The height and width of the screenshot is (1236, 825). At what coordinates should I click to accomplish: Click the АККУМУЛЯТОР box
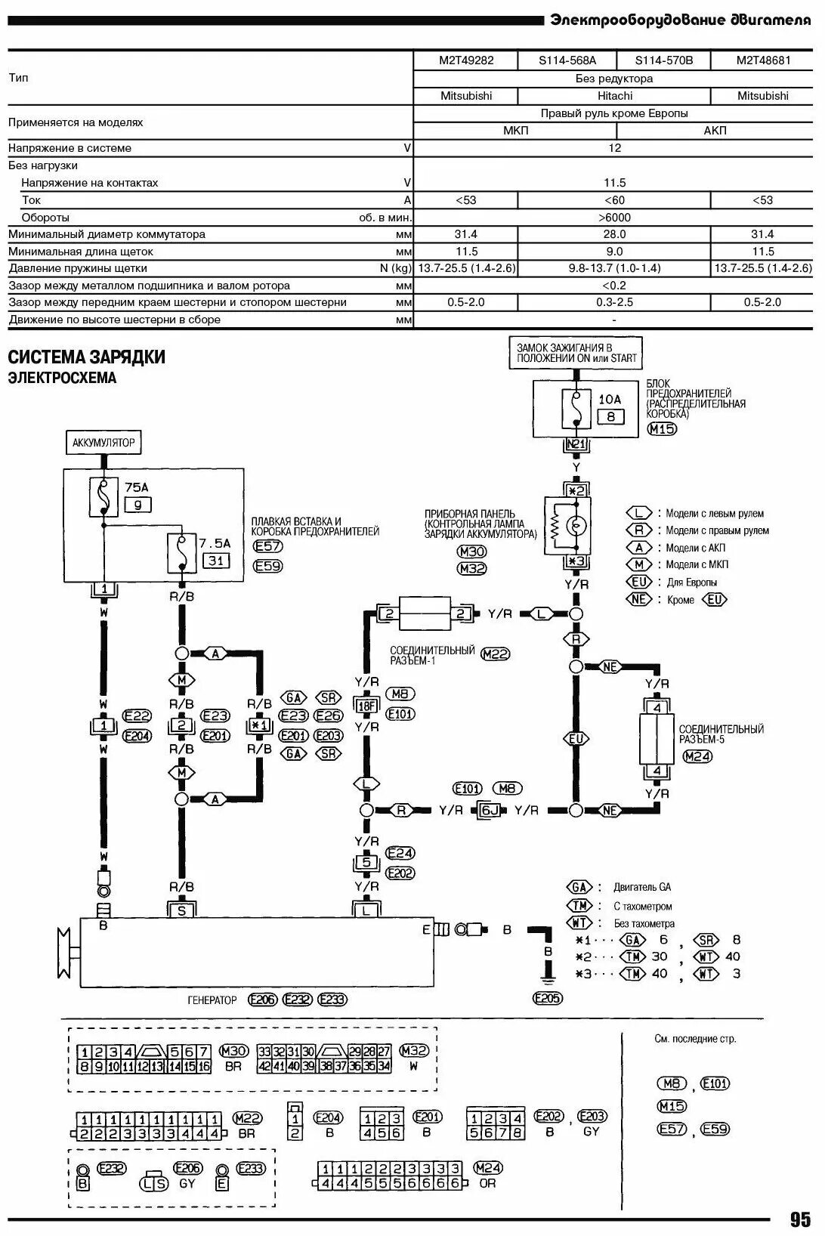tap(104, 443)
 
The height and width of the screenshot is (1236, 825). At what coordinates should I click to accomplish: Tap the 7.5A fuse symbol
tap(181, 553)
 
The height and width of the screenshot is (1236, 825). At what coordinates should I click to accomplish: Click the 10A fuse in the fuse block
tap(575, 409)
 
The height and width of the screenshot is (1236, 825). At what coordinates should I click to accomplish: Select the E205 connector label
tap(548, 998)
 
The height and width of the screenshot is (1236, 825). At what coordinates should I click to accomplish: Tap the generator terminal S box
tap(181, 910)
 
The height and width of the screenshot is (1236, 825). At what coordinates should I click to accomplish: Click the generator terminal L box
tap(366, 910)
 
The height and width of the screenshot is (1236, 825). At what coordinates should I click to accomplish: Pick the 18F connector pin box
tap(366, 706)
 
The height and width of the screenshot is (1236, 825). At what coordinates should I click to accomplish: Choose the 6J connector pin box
tap(490, 811)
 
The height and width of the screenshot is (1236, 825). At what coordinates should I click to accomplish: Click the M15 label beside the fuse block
tap(663, 429)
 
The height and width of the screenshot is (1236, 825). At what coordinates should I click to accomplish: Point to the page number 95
tap(800, 1219)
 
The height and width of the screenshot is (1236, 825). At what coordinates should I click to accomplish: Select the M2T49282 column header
tap(466, 60)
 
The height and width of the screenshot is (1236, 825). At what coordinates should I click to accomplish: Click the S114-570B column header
tap(663, 60)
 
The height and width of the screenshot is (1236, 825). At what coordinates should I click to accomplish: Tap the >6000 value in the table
tap(613, 218)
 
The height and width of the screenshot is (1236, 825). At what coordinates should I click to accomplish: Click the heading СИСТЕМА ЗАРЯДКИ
tap(86, 357)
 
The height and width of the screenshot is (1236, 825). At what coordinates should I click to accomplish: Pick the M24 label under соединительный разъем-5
tap(697, 756)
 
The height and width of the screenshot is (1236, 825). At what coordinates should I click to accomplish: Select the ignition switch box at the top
tap(576, 353)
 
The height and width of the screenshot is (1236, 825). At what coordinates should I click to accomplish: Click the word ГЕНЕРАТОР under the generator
tap(212, 1000)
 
